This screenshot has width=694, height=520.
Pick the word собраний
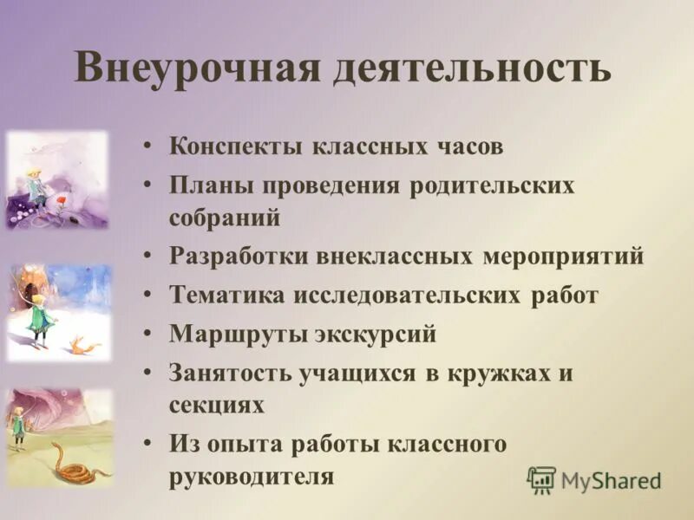click(225, 217)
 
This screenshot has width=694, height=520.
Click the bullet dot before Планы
click(151, 185)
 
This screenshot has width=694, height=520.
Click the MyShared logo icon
click(541, 479)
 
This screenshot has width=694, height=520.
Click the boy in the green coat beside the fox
click(39, 316)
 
